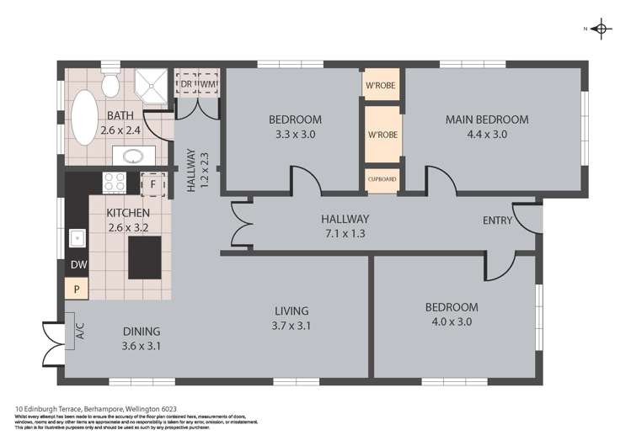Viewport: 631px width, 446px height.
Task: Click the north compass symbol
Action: [601, 29]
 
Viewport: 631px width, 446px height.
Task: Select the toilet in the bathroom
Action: [110, 82]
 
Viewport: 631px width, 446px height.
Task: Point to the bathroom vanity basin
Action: [132, 156]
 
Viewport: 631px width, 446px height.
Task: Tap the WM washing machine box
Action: [208, 84]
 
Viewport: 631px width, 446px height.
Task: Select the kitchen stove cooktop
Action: [114, 183]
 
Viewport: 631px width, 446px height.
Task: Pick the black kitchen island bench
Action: [145, 258]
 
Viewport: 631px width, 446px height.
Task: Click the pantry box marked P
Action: [77, 289]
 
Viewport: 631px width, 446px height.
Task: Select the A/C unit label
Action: [81, 332]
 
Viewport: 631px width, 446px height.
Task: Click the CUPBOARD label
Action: [382, 180]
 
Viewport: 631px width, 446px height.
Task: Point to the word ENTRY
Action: [496, 220]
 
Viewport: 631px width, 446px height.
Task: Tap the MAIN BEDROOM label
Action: [487, 119]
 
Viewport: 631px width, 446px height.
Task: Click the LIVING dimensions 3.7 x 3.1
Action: [291, 326]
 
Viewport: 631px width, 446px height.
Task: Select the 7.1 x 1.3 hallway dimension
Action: [345, 233]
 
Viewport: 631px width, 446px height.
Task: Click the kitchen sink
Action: [77, 238]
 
